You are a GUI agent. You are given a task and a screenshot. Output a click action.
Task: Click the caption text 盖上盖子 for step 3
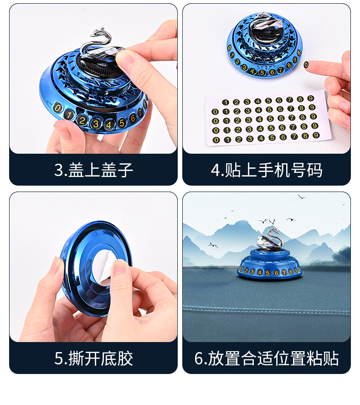tap(101, 170)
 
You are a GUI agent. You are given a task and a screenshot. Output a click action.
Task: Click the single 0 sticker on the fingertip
tap(307, 65)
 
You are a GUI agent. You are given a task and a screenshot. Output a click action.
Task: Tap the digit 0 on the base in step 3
tap(57, 109)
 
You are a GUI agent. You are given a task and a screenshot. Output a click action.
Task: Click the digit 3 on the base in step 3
tap(96, 123)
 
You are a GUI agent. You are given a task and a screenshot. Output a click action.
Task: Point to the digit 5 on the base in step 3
tap(122, 122)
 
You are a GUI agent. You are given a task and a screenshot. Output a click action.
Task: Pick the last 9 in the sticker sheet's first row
tap(310, 99)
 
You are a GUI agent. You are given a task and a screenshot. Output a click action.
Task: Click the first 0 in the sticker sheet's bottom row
tap(216, 140)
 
